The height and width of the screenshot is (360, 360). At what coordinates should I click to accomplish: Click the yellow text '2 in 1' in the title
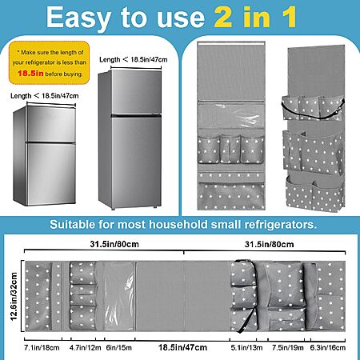pos(255,18)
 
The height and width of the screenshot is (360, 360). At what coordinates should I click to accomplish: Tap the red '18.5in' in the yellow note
pos(30,74)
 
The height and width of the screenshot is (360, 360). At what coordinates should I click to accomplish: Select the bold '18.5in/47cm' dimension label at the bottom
pos(182,347)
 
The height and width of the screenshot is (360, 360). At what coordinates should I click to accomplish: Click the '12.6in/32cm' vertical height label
pos(14,296)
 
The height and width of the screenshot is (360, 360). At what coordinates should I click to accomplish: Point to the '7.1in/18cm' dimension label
pos(42,348)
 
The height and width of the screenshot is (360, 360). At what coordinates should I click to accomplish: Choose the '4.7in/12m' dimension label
pos(85,348)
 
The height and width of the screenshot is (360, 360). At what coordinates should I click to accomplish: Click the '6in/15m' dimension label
pos(118,348)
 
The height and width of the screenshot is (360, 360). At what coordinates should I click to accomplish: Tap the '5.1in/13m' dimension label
pos(246,348)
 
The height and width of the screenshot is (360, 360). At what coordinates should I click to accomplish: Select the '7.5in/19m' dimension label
pos(288,348)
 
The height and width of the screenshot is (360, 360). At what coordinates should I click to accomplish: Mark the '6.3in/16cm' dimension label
pos(328,348)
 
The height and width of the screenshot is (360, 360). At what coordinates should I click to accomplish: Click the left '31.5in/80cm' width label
pos(114,244)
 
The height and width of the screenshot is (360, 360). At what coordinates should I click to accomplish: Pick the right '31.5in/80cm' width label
pos(270,244)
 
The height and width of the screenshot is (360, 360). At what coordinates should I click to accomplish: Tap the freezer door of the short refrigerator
pos(51,124)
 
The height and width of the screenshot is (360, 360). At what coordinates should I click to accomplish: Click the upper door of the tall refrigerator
pos(136,92)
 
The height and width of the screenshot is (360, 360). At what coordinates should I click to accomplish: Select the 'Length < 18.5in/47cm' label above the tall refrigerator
pos(134,59)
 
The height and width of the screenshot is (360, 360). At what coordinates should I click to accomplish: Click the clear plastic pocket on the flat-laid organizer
pos(118,296)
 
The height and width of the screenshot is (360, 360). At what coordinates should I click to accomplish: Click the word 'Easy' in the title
pos(78,18)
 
